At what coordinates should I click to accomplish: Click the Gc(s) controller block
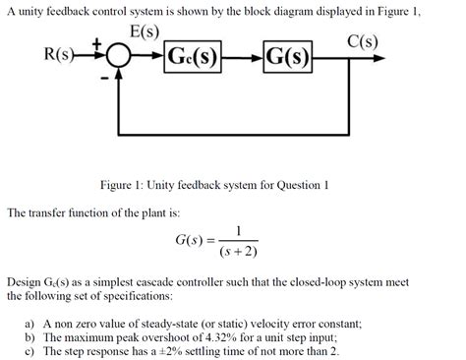pyautogui.click(x=194, y=53)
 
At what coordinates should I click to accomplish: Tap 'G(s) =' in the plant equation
pyautogui.click(x=193, y=239)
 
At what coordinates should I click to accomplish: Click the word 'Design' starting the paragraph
pyautogui.click(x=28, y=280)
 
